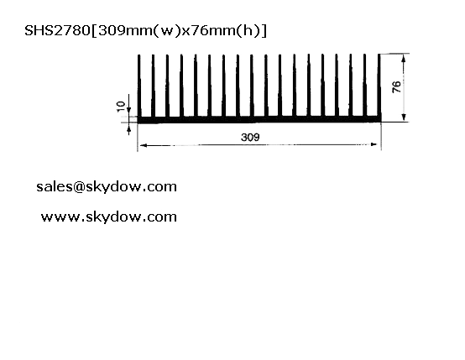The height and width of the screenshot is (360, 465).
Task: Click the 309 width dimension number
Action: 250,138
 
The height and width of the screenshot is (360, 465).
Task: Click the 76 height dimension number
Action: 396,86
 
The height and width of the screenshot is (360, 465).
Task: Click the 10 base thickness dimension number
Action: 121,107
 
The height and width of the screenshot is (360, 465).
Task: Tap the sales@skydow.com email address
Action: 107,187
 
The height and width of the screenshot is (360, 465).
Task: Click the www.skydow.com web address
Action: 109,217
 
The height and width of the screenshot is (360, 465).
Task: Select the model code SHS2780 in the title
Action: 57,30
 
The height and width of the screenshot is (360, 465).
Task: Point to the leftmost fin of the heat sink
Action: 139,86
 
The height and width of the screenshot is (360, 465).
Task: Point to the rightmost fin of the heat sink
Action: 379,86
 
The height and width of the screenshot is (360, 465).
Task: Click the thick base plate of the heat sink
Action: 259,119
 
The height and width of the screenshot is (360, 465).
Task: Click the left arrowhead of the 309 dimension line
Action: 143,145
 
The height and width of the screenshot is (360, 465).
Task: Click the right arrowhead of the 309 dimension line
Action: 374,144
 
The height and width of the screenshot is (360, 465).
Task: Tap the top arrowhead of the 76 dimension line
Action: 404,59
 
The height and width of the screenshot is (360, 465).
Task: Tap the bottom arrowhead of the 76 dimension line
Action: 404,117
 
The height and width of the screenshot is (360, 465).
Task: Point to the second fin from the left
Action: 153,86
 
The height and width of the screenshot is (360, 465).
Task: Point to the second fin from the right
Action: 365,86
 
